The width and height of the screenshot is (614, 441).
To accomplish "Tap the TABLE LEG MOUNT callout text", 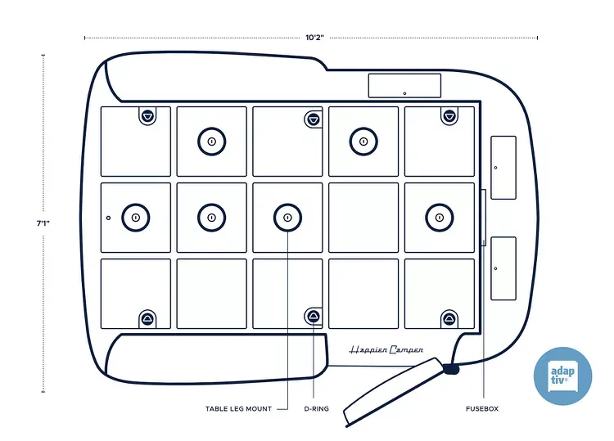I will (x=238, y=408).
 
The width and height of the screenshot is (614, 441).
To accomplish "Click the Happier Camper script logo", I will (x=386, y=349).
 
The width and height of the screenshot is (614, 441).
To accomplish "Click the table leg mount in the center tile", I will (x=287, y=217).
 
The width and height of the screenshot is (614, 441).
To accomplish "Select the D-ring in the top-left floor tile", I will (x=147, y=116).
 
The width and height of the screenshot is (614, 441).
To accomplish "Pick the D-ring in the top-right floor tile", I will (x=449, y=116).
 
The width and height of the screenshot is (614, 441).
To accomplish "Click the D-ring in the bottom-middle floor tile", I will (x=314, y=317).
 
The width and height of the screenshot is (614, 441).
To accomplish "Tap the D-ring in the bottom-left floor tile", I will (x=147, y=317).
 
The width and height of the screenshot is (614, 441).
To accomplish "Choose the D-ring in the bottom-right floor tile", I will (x=449, y=317).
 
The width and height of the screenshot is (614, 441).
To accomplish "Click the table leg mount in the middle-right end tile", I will (x=440, y=217).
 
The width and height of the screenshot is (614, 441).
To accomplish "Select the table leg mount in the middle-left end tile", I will (x=136, y=217).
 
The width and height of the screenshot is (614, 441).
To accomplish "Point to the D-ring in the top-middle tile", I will (x=313, y=120).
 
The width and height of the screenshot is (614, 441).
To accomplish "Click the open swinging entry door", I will (x=393, y=393).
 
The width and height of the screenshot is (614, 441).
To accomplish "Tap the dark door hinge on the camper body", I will (x=449, y=369).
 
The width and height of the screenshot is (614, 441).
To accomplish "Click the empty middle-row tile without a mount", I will (x=363, y=217).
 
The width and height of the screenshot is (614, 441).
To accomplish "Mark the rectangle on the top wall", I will (x=404, y=85).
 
